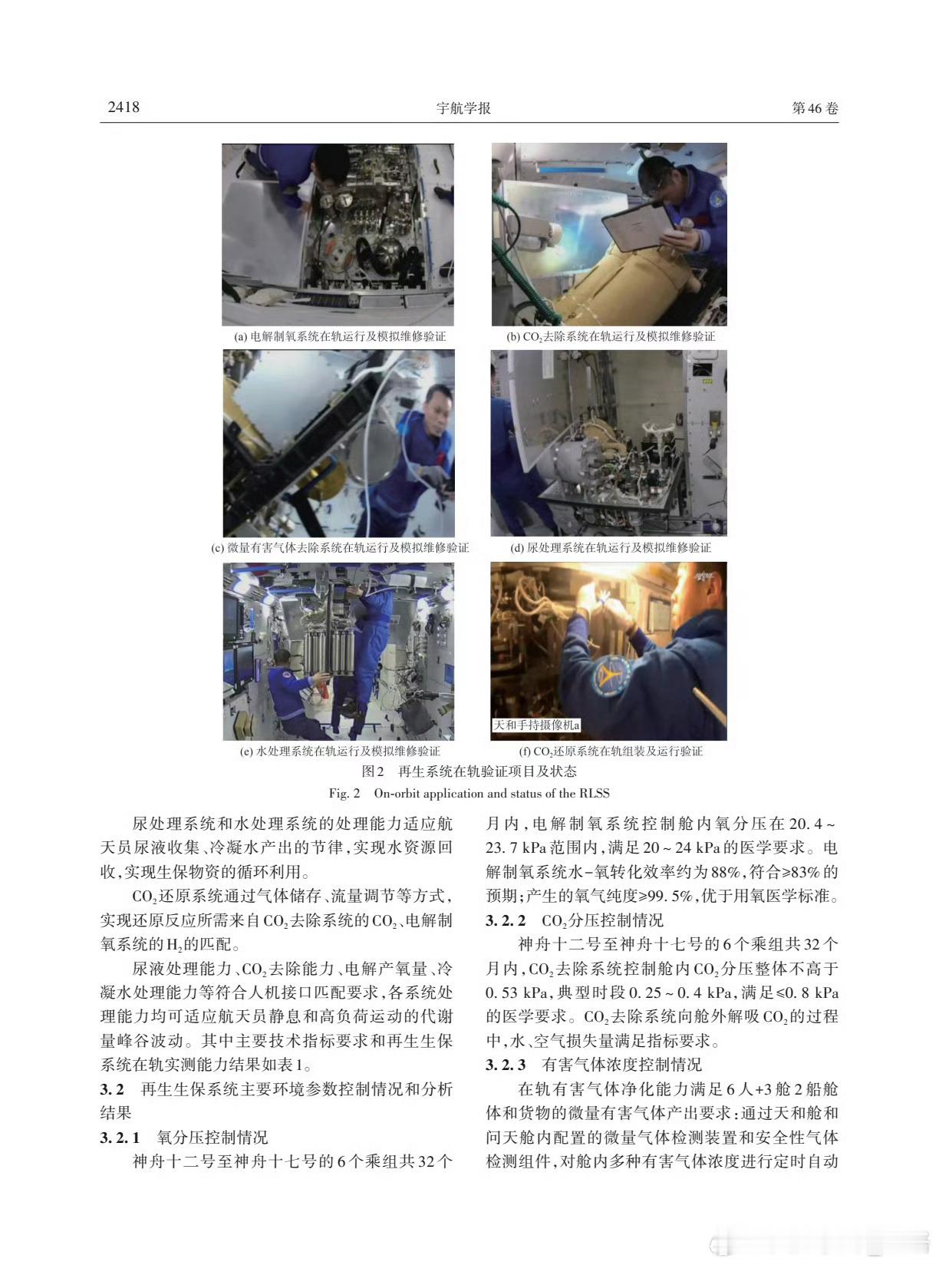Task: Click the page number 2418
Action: pyautogui.click(x=124, y=107)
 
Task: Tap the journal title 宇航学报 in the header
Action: pyautogui.click(x=463, y=108)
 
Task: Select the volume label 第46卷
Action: pyautogui.click(x=815, y=108)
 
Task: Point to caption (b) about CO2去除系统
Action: pyautogui.click(x=610, y=336)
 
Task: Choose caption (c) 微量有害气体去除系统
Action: pyautogui.click(x=340, y=547)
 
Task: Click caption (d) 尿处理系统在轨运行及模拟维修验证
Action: pyautogui.click(x=611, y=547)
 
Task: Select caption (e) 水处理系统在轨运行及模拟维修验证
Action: pyautogui.click(x=340, y=751)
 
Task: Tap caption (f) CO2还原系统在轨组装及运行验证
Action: pyautogui.click(x=611, y=751)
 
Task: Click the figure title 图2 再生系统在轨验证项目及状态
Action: pyautogui.click(x=469, y=771)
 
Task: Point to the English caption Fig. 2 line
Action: pyautogui.click(x=469, y=793)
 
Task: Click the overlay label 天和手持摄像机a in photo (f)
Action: pyautogui.click(x=536, y=725)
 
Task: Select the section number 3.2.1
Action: pyautogui.click(x=120, y=1137)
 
